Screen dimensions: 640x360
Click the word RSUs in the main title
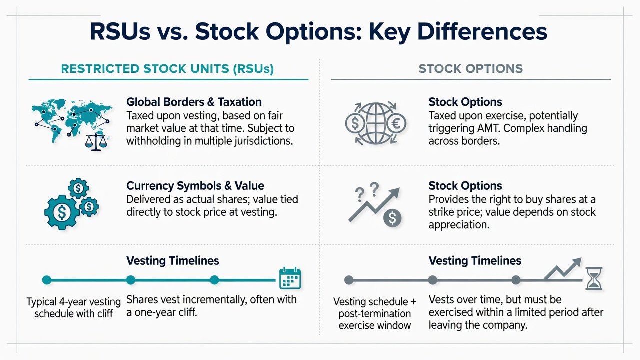120,31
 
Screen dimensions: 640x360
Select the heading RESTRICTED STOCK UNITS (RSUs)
167,69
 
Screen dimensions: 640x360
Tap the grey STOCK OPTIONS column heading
471,69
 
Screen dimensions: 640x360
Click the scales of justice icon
97,142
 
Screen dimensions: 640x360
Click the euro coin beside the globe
396,123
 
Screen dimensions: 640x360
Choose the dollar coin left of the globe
355,123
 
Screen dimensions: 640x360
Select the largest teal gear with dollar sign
62,212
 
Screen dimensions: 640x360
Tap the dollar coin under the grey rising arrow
392,218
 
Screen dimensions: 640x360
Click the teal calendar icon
290,278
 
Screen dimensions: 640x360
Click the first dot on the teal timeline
47,280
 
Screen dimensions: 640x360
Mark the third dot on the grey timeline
516,280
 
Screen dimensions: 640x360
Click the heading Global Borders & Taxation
194,102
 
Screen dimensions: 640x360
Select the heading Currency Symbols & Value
195,186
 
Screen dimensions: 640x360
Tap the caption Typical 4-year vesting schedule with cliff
73,307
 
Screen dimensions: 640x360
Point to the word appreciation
459,225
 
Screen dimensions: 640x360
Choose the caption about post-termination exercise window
375,313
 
